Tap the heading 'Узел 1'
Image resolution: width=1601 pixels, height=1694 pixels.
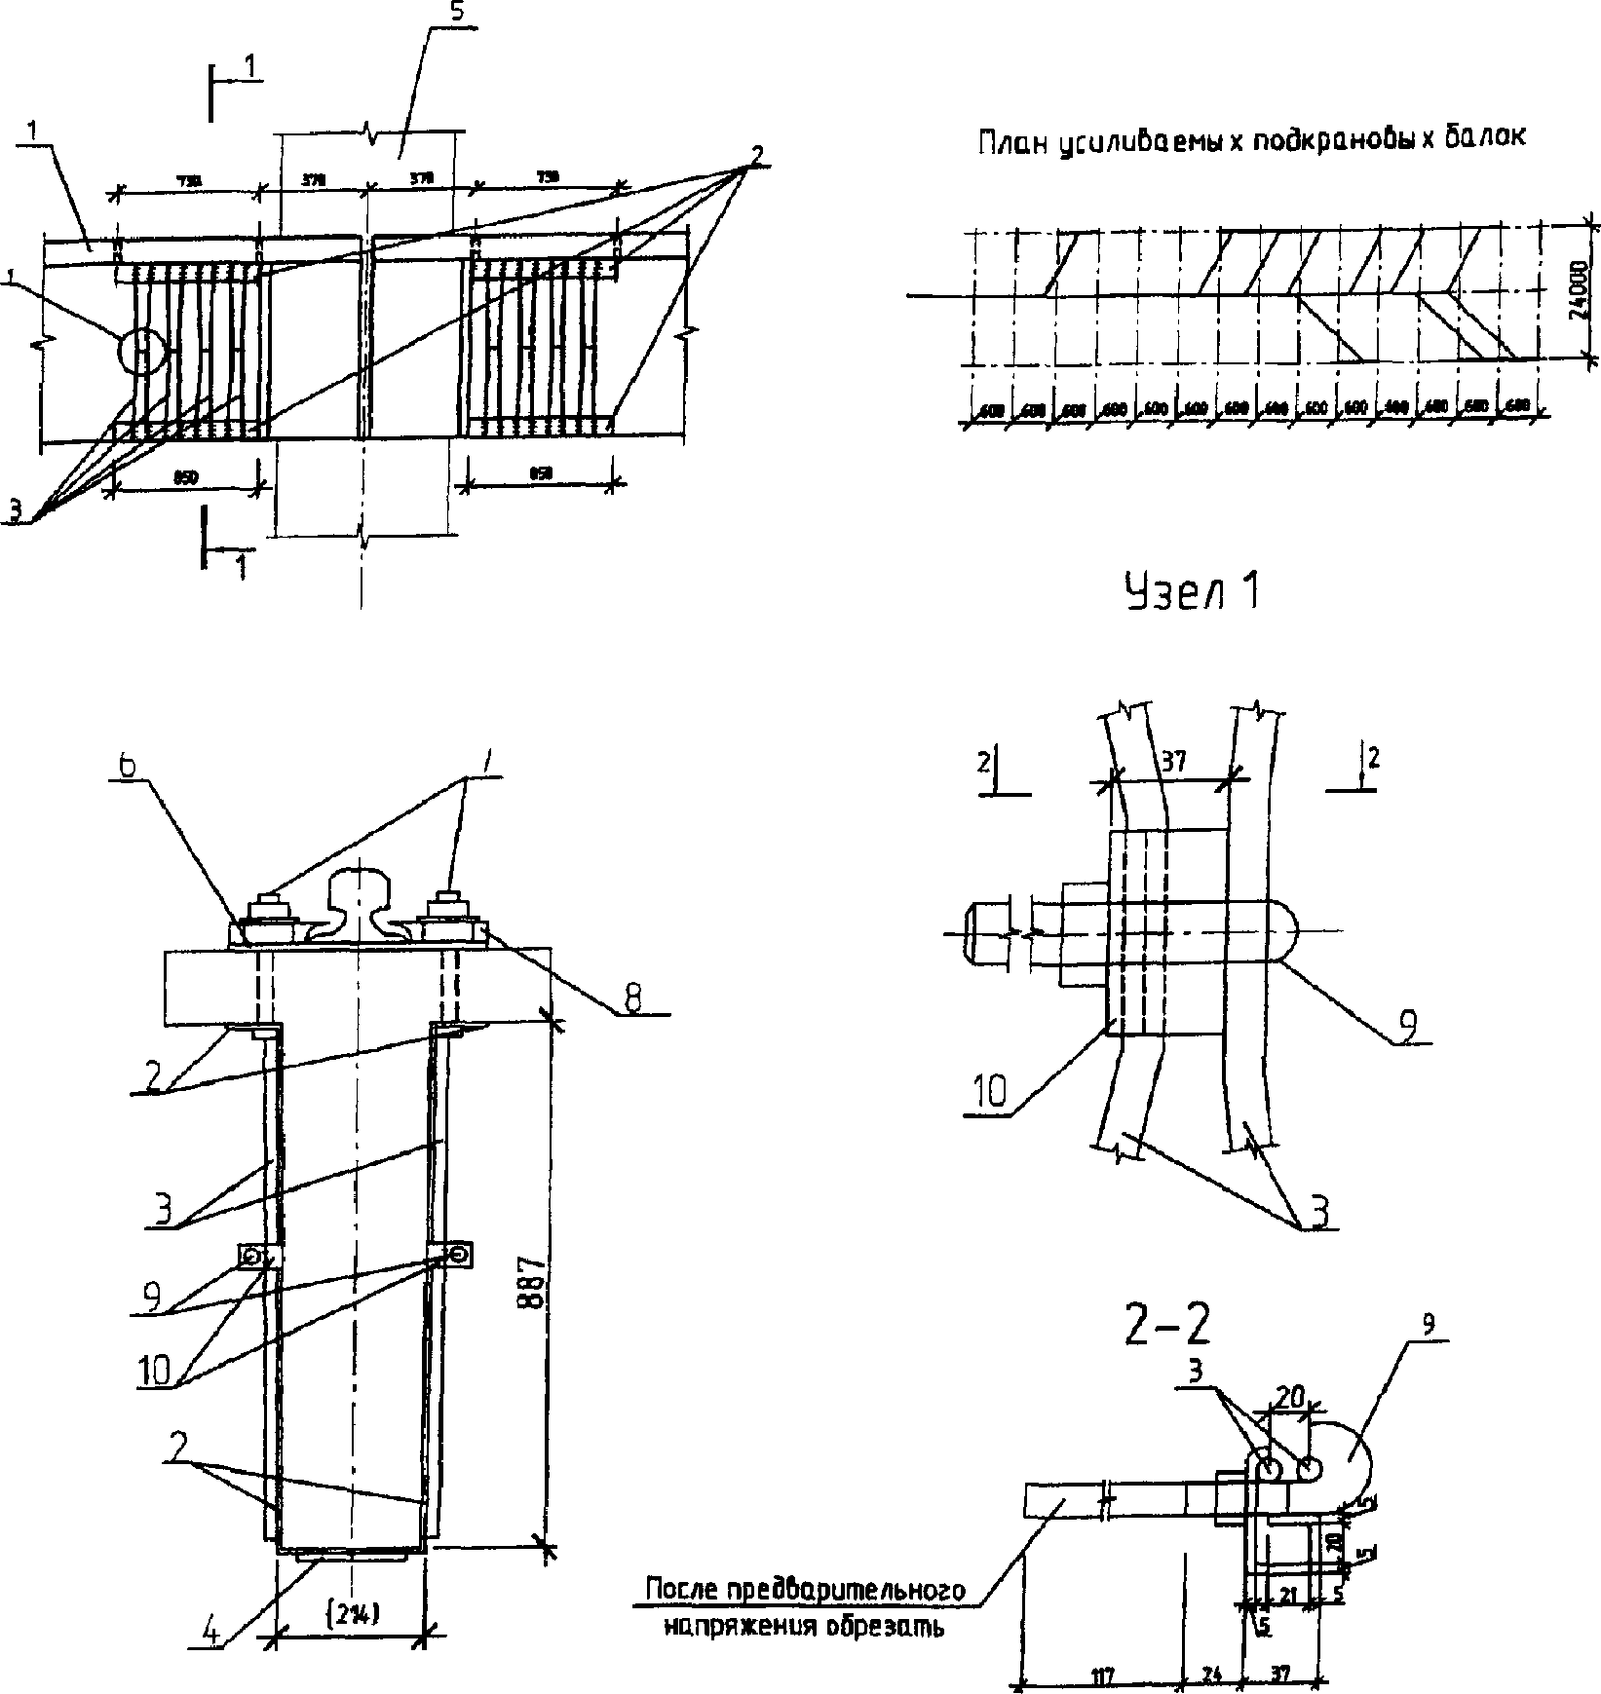[x=1191, y=591]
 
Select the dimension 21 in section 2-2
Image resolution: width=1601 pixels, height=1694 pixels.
[x=1286, y=1595]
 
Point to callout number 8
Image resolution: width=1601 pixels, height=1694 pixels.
[x=632, y=1002]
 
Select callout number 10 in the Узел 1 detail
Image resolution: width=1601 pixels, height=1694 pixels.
[x=988, y=1093]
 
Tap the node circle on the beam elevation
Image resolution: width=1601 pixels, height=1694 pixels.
[x=142, y=351]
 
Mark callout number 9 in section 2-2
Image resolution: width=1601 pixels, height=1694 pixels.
[x=1428, y=1326]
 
